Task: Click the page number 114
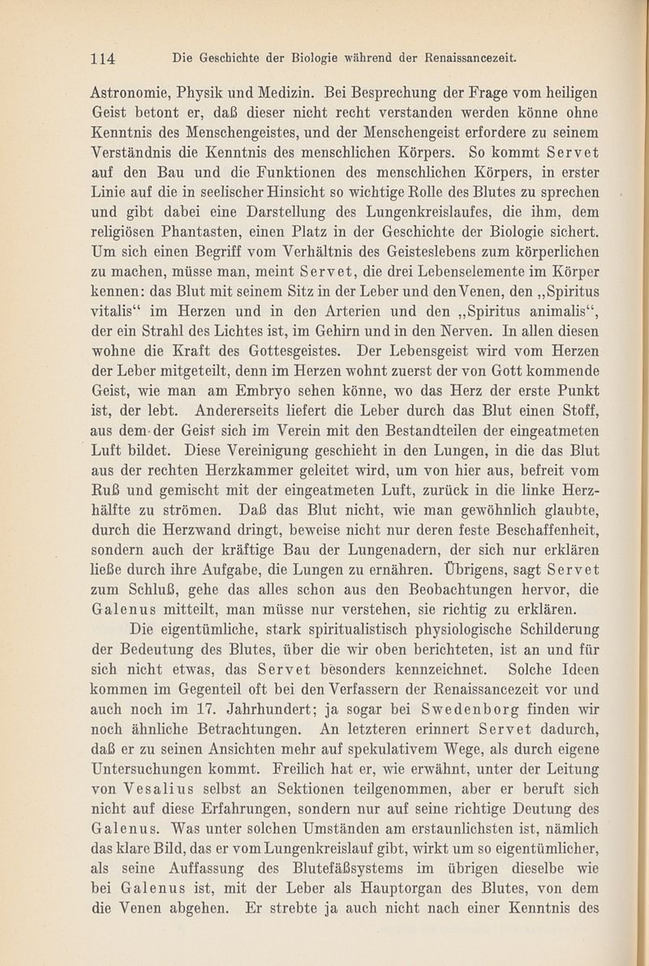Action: pos(105,58)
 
